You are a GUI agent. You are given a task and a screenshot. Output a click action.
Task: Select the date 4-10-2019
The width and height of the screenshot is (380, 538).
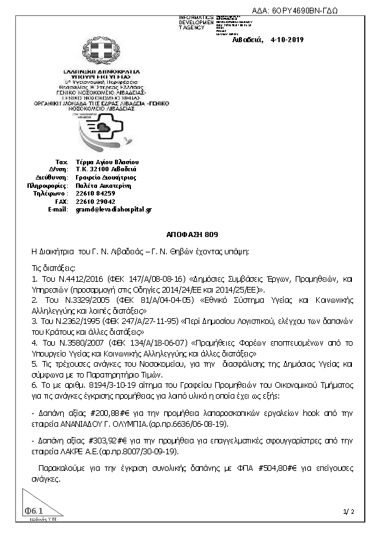coord(287,40)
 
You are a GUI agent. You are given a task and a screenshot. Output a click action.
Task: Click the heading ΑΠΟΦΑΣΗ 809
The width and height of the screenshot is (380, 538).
coord(190,234)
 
